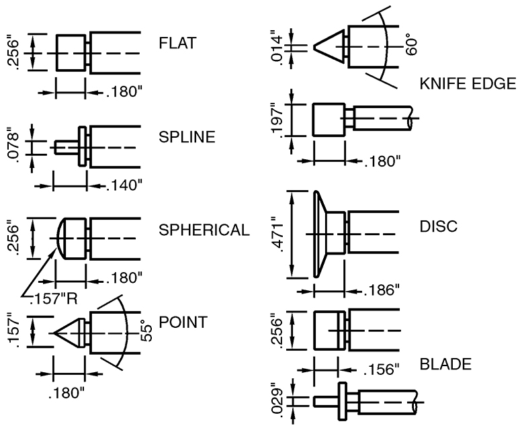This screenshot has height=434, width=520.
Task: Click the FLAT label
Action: pyautogui.click(x=177, y=44)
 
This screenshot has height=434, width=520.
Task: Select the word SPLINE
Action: pyautogui.click(x=187, y=138)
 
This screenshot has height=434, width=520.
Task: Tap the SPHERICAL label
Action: pyautogui.click(x=204, y=230)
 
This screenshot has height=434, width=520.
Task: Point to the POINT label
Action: pyautogui.click(x=183, y=322)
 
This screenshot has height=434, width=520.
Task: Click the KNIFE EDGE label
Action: pyautogui.click(x=467, y=84)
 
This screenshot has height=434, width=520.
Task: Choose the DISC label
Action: pyautogui.click(x=438, y=226)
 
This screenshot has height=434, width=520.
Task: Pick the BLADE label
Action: pyautogui.click(x=445, y=365)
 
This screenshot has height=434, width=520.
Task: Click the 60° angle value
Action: pyautogui.click(x=412, y=44)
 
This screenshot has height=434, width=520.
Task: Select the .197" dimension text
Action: pyautogui.click(x=274, y=120)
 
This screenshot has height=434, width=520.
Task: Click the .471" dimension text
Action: pyautogui.click(x=274, y=234)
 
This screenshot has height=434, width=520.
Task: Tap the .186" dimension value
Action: pyautogui.click(x=381, y=290)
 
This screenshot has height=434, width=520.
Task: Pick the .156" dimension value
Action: pyautogui.click(x=381, y=370)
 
